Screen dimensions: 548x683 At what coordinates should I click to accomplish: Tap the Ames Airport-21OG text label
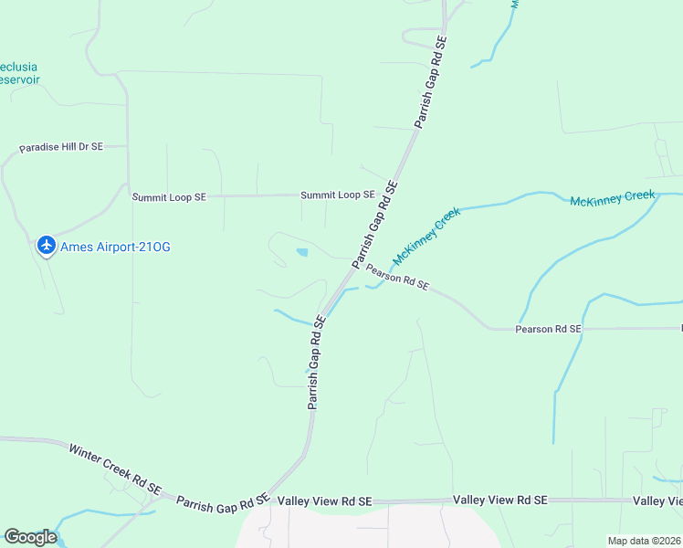pyautogui.click(x=115, y=247)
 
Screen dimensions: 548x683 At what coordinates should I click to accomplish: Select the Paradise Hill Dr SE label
pyautogui.click(x=62, y=147)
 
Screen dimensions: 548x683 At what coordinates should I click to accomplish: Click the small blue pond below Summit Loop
pyautogui.click(x=302, y=252)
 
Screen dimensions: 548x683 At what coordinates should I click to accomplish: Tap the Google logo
pyautogui.click(x=30, y=537)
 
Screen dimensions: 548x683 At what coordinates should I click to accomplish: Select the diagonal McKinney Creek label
pyautogui.click(x=427, y=236)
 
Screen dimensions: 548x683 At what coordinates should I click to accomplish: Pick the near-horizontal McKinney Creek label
pyautogui.click(x=613, y=198)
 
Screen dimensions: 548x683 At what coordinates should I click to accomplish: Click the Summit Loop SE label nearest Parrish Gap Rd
pyautogui.click(x=338, y=195)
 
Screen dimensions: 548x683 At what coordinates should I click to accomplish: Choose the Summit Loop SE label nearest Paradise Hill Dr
pyautogui.click(x=170, y=196)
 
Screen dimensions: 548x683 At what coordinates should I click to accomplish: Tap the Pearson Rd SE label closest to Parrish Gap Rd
pyautogui.click(x=397, y=277)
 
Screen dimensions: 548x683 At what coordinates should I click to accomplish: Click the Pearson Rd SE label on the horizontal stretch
pyautogui.click(x=548, y=329)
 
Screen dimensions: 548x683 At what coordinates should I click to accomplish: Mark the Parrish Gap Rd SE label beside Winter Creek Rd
pyautogui.click(x=222, y=502)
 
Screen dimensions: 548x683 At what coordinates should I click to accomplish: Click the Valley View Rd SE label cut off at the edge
pyautogui.click(x=658, y=501)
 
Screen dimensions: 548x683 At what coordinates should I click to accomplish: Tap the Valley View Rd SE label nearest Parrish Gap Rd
pyautogui.click(x=325, y=501)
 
